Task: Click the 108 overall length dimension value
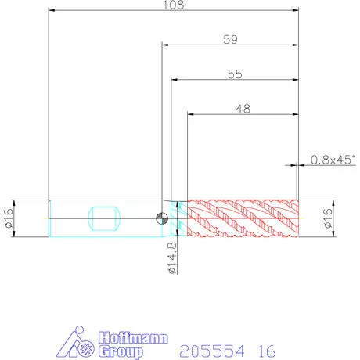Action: coord(174,5)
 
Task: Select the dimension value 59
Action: coord(230,40)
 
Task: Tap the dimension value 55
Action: coord(235,74)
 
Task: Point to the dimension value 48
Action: coord(243,109)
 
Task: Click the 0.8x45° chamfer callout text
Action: coord(333,160)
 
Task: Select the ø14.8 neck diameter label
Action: coord(172,257)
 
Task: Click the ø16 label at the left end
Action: coord(9,218)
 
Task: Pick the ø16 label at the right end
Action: coord(328,218)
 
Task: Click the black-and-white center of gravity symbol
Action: coord(162,218)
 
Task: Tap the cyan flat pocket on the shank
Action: coord(104,218)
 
